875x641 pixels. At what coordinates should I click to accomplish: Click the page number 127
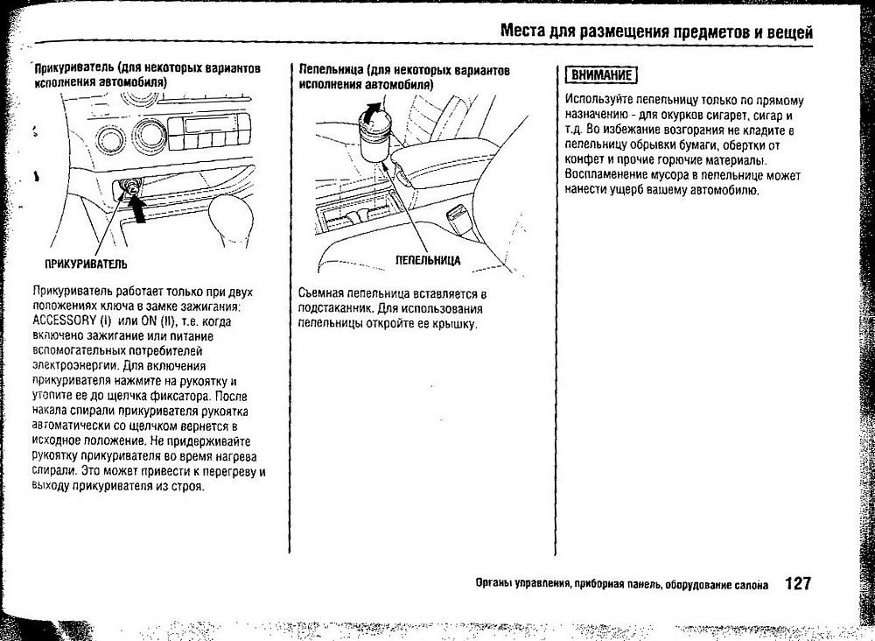click(798, 583)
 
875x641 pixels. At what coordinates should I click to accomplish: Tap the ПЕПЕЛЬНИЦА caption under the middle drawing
click(427, 261)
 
